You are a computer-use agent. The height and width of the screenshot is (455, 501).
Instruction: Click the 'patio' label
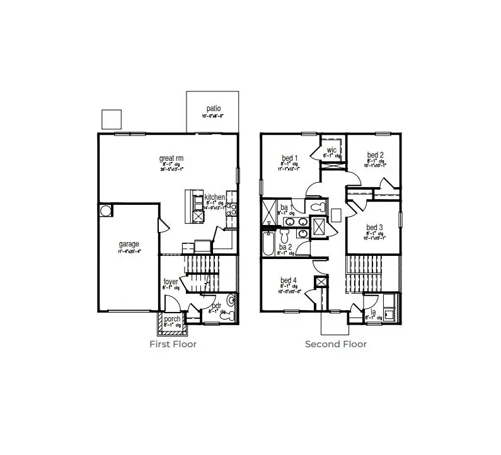pos(213,109)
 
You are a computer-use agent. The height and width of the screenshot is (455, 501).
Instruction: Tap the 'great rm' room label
pos(171,159)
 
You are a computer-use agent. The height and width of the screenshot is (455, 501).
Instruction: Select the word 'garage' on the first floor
pos(129,245)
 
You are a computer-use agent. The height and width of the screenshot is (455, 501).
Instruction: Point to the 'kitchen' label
pos(214,197)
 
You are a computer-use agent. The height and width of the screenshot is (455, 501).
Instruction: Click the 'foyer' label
pos(171,282)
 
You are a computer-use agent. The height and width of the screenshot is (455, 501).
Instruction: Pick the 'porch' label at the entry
pos(172,319)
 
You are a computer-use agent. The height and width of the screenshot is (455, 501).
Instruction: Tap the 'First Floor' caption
pos(173,344)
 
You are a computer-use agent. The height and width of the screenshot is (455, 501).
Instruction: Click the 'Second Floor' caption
pos(336,344)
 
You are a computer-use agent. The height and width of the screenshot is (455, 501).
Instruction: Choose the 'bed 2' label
pos(376,155)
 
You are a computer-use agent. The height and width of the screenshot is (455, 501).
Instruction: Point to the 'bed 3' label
pos(374,227)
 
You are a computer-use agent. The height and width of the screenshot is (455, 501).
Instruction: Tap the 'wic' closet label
pos(331,149)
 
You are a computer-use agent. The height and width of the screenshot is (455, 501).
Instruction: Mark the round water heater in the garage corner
pos(105,210)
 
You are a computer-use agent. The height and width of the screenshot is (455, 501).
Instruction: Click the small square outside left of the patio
pos(111,118)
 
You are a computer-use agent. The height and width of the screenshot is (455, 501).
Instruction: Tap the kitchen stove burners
pos(231,209)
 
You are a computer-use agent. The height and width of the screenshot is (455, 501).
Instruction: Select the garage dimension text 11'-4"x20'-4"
pos(129,251)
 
